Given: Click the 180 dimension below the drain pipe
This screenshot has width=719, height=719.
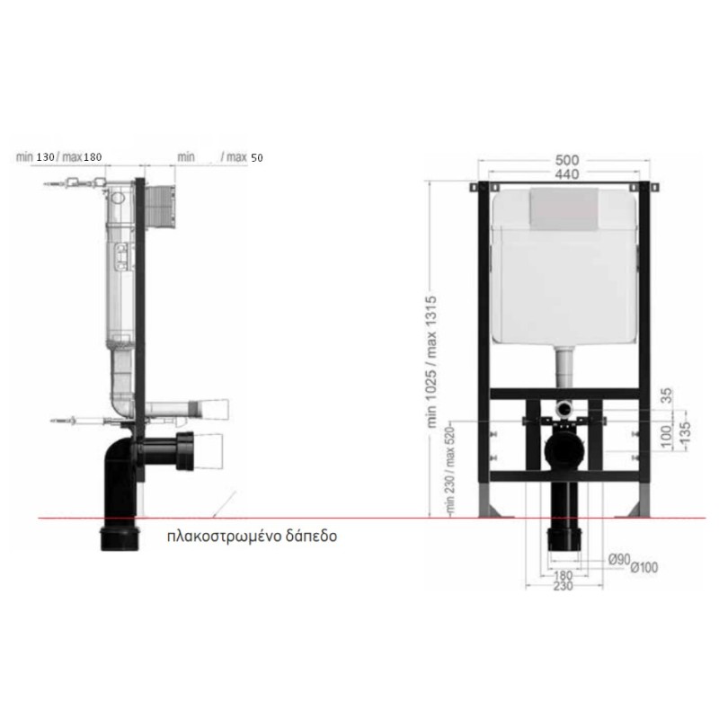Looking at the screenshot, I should pyautogui.click(x=564, y=575).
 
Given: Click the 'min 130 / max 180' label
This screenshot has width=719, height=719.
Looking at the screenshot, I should pyautogui.click(x=58, y=156).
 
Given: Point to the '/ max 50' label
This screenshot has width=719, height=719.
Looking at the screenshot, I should pyautogui.click(x=242, y=157).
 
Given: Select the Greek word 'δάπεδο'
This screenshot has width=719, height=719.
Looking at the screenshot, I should pyautogui.click(x=313, y=538).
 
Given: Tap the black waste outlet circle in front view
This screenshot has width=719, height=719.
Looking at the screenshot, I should pyautogui.click(x=564, y=448).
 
